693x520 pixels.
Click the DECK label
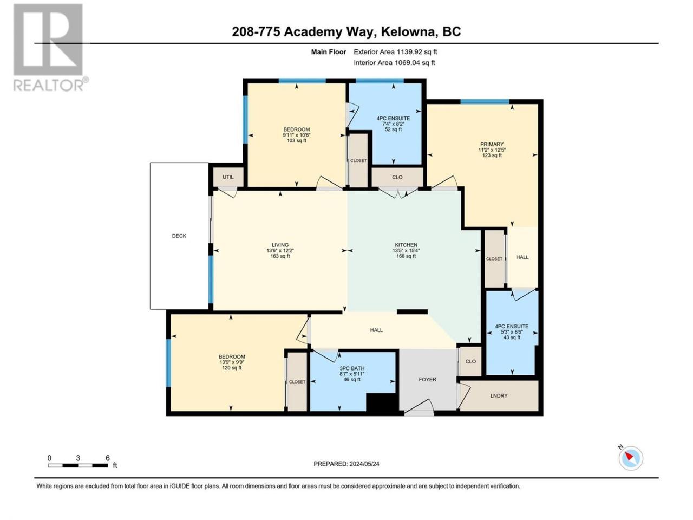tap(179, 236)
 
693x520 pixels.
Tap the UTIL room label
tap(228, 177)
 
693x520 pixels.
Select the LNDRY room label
tap(499, 395)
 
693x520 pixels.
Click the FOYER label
tap(428, 380)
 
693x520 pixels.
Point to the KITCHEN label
tap(406, 245)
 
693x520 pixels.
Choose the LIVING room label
tap(280, 245)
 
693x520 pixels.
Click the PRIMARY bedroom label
tap(492, 144)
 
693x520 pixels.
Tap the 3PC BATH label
tap(352, 368)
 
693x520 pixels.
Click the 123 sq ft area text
tap(492, 155)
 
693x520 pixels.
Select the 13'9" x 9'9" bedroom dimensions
tap(232, 362)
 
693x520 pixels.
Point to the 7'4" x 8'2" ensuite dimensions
tap(393, 123)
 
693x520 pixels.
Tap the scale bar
tap(78, 465)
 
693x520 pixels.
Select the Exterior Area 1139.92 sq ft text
tap(395, 52)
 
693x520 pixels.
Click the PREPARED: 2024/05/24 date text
tap(346, 464)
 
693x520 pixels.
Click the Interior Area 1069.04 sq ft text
tap(394, 62)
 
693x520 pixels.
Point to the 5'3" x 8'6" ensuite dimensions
tap(512, 332)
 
